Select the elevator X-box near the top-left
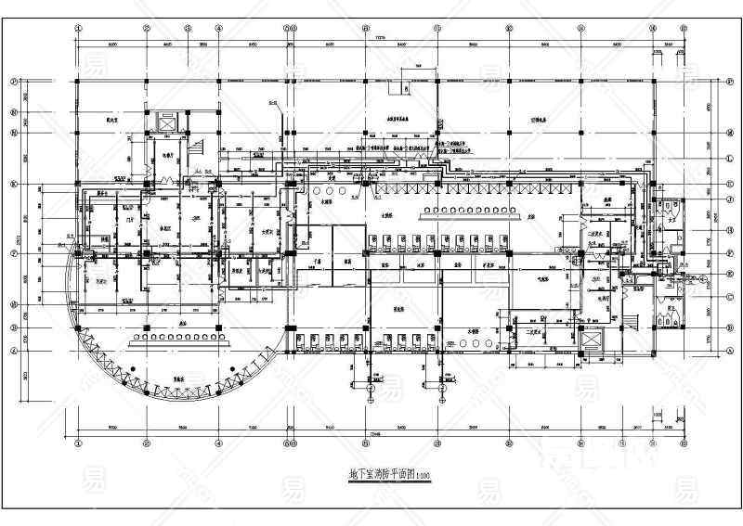tap(168, 122)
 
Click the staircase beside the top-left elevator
tap(196, 145)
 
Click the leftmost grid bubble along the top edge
tap(77, 28)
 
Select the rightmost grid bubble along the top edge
tap(683, 28)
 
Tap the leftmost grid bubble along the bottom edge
tap(78, 443)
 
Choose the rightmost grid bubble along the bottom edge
tap(683, 443)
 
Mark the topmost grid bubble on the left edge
tap(15, 82)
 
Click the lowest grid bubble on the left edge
tap(15, 351)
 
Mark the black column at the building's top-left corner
tap(78, 82)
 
